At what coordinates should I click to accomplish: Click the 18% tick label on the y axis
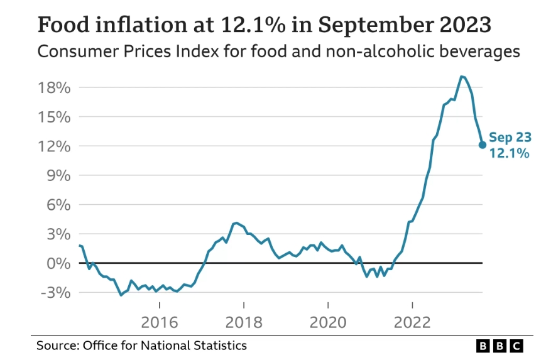click(54, 88)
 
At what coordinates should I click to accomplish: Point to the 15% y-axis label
click(54, 117)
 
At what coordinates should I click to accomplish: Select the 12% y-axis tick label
click(54, 146)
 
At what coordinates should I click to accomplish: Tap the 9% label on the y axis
click(58, 175)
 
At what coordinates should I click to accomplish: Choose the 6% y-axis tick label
click(58, 205)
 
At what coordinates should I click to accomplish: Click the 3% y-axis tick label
click(58, 234)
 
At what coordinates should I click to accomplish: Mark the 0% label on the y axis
click(58, 263)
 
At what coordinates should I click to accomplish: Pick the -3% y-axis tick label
click(56, 293)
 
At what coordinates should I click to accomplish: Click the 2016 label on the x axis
click(160, 322)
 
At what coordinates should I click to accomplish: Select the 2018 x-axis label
click(244, 322)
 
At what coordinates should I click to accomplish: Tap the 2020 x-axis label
click(328, 322)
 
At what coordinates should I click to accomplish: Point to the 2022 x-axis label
click(412, 322)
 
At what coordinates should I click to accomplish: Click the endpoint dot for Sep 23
click(483, 145)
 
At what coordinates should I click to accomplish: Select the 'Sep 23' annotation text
click(510, 138)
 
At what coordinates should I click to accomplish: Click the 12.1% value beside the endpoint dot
click(510, 153)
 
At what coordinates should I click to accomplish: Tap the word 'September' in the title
click(376, 25)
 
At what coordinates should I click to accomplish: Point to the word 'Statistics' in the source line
click(220, 346)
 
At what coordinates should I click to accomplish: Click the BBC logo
click(500, 346)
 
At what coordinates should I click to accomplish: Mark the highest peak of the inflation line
click(461, 76)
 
